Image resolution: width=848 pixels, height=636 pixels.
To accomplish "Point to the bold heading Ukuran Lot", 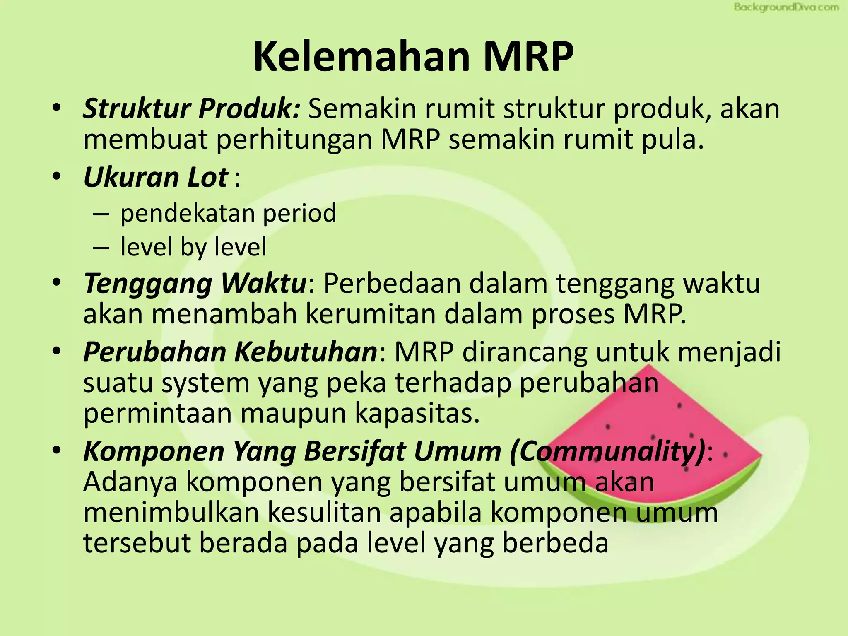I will [x=156, y=177].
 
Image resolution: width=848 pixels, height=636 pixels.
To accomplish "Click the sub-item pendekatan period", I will [x=228, y=213].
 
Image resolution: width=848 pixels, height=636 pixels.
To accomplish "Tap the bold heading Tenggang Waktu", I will [x=195, y=284].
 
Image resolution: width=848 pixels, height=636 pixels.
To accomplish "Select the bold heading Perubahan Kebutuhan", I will [x=230, y=352].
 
